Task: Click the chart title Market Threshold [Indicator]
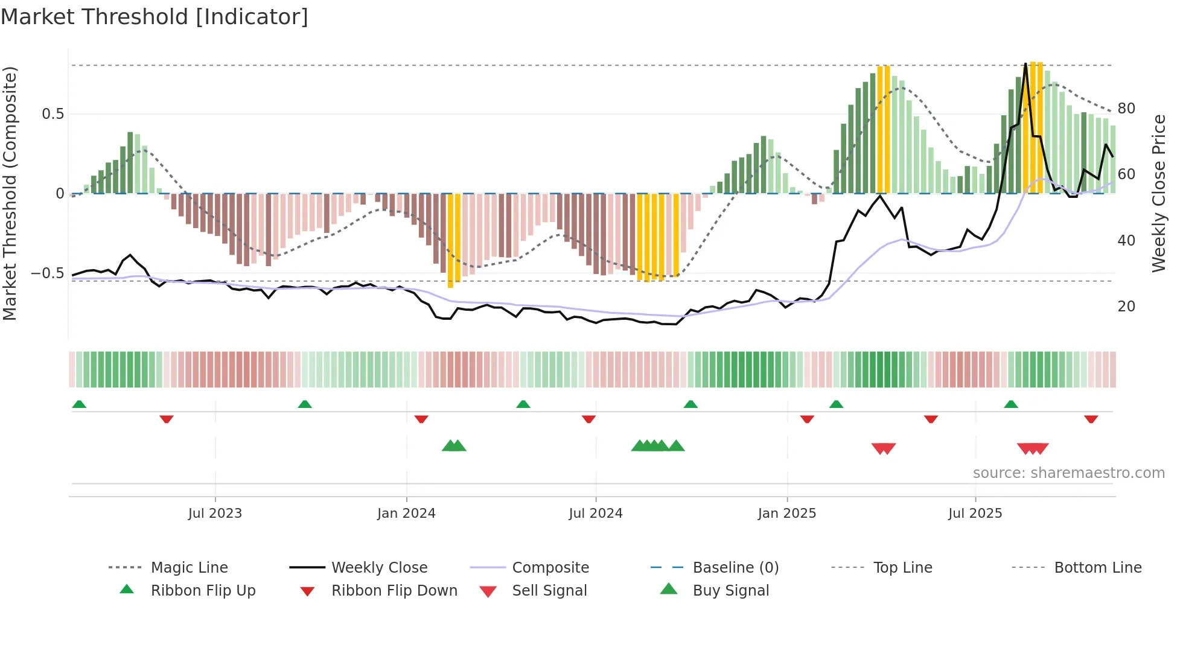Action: (x=155, y=17)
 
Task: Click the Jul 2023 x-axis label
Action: (x=215, y=513)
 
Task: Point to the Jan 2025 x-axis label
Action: (x=787, y=513)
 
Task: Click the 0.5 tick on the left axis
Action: (x=53, y=114)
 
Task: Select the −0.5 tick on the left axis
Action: (x=48, y=273)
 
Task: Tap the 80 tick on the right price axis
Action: (x=1126, y=109)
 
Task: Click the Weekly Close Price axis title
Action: (x=1158, y=193)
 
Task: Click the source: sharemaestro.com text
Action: (x=1068, y=472)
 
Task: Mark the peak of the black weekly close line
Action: (x=1025, y=64)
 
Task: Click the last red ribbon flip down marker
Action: (x=1091, y=419)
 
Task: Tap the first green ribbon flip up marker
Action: (x=79, y=404)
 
